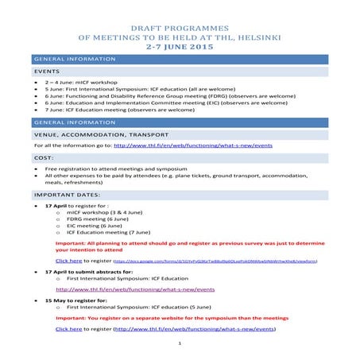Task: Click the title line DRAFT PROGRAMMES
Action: pyautogui.click(x=180, y=26)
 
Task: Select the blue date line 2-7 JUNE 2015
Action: pyautogui.click(x=180, y=47)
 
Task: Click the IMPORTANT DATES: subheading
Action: pyautogui.click(x=67, y=195)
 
